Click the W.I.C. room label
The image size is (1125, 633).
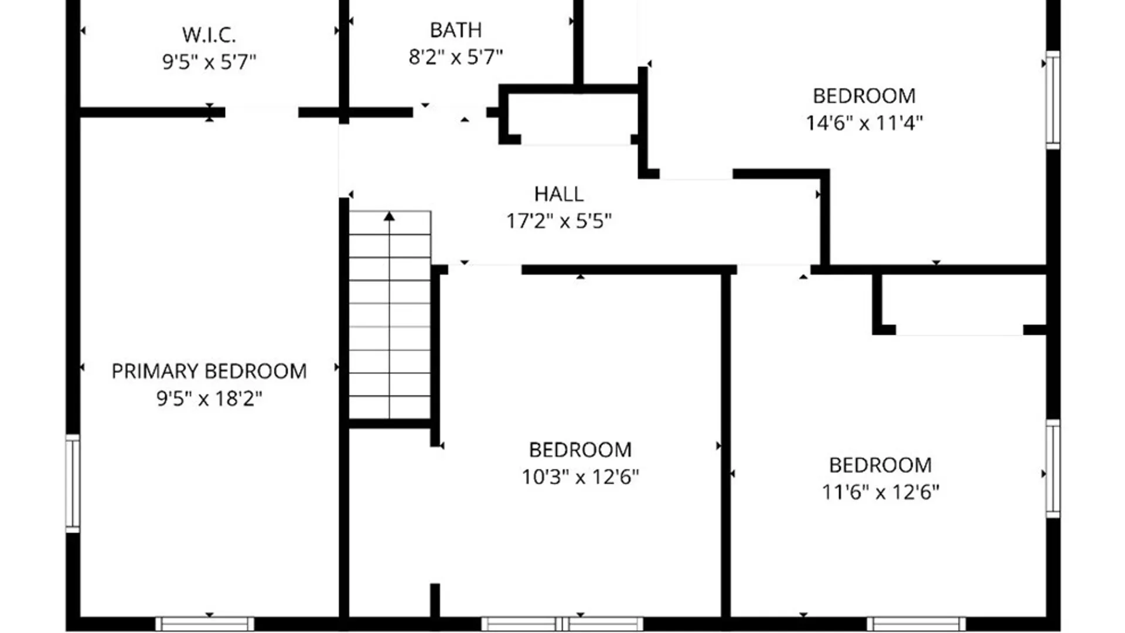(x=209, y=35)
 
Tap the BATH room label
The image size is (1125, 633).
(x=456, y=30)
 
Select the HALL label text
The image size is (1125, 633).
(x=558, y=194)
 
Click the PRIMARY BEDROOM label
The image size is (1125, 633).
(x=209, y=371)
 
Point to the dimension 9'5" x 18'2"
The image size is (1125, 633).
(x=209, y=399)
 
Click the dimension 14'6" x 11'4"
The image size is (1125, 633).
(x=864, y=123)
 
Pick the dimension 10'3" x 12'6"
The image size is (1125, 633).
(x=580, y=477)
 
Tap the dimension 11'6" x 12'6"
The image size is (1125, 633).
(x=880, y=492)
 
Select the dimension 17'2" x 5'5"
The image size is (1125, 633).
(x=558, y=221)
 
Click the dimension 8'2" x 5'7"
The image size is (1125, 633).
(x=456, y=57)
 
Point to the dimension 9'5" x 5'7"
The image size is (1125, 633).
(x=209, y=62)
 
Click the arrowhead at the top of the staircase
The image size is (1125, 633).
(x=389, y=216)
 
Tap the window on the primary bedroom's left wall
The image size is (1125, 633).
(x=73, y=484)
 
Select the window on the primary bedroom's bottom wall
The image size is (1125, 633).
(x=204, y=624)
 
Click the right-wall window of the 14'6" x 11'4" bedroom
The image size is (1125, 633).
(x=1053, y=100)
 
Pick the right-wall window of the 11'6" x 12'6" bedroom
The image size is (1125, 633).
(x=1053, y=468)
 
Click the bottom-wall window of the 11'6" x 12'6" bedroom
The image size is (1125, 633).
(x=916, y=624)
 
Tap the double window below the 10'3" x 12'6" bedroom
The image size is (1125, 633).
(x=562, y=624)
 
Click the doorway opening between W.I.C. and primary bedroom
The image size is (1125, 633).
(x=262, y=112)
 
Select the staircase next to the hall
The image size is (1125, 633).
(x=390, y=315)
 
